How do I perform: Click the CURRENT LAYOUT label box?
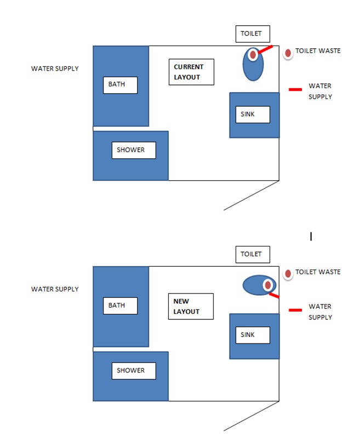click(x=191, y=72)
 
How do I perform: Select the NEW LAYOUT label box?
click(x=191, y=306)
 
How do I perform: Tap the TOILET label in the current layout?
click(x=253, y=33)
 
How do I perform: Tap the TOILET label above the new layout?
click(x=253, y=254)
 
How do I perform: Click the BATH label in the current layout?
click(x=120, y=85)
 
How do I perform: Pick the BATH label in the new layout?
click(x=120, y=306)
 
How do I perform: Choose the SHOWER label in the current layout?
click(x=134, y=150)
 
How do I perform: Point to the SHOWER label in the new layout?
click(x=134, y=371)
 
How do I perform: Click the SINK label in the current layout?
click(x=253, y=114)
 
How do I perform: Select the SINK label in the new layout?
click(x=253, y=335)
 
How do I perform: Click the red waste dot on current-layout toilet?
click(x=253, y=55)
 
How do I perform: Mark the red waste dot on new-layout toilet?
click(x=267, y=285)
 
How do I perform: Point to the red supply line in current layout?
click(x=265, y=49)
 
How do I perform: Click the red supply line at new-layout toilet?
click(x=274, y=295)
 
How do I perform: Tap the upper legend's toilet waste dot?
click(x=288, y=53)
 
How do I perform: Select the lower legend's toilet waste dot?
click(x=288, y=274)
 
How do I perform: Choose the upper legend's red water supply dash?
click(x=295, y=89)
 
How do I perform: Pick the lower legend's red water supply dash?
click(x=295, y=310)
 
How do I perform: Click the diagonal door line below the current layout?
click(x=251, y=196)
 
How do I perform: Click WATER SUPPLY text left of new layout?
click(x=55, y=289)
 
